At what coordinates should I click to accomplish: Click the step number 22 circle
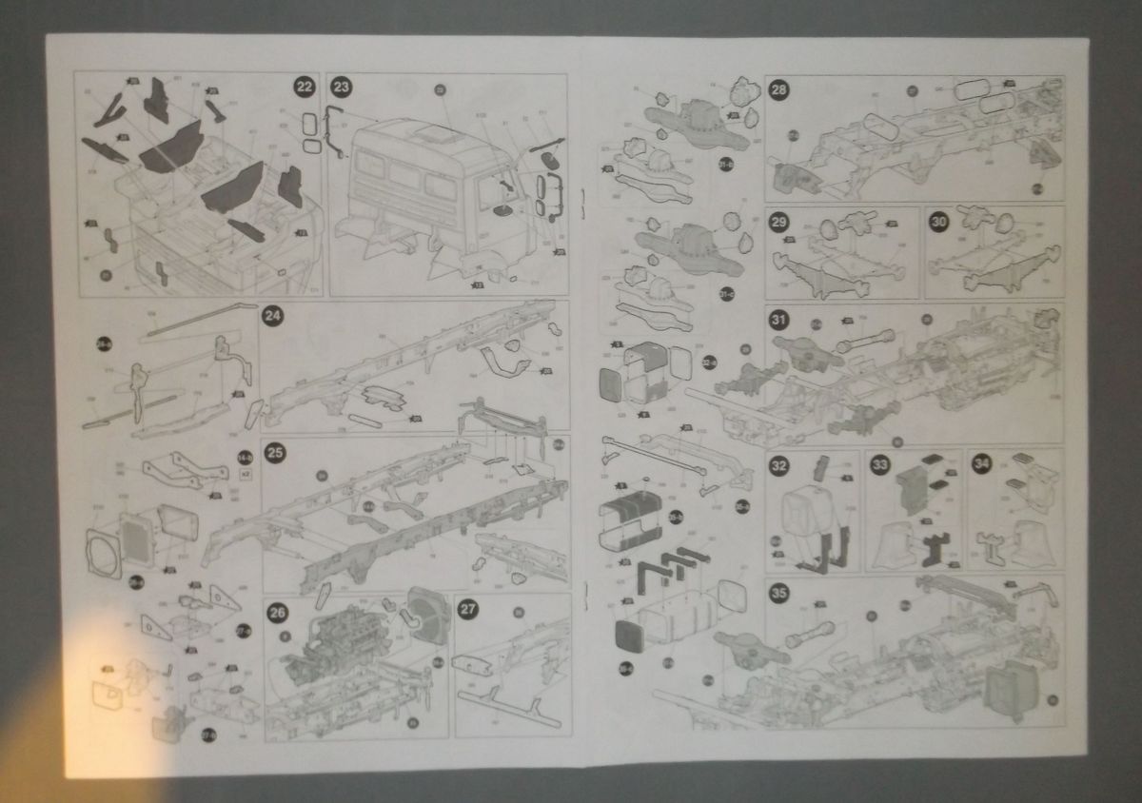pos(304,87)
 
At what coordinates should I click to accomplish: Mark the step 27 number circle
pos(468,612)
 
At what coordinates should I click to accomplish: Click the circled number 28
pos(779,90)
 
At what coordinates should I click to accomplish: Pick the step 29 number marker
pos(779,222)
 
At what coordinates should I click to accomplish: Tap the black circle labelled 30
pos(939,222)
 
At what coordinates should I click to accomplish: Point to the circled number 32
pos(779,465)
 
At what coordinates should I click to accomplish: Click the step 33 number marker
pos(880,465)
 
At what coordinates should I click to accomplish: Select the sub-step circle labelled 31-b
pos(725,165)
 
